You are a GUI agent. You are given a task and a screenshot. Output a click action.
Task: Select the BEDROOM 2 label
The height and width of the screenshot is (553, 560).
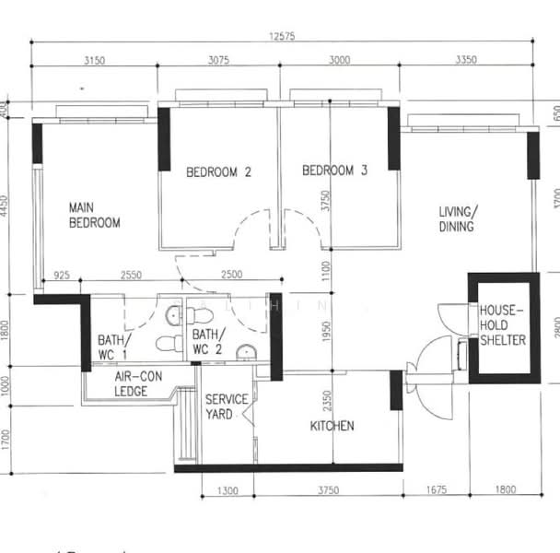[x=219, y=171]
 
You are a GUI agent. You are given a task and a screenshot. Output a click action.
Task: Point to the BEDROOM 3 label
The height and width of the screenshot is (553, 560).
[x=335, y=171]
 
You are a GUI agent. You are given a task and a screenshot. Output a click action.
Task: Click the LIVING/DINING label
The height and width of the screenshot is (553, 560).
[x=456, y=219]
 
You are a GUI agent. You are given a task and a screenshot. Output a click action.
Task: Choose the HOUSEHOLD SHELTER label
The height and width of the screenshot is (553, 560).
[x=503, y=326]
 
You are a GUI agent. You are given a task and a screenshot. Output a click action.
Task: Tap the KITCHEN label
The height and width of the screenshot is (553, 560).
[x=332, y=426]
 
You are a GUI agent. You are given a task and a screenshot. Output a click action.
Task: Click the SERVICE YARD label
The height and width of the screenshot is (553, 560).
[x=226, y=406]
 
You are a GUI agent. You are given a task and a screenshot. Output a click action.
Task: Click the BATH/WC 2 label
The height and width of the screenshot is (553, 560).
[x=208, y=342]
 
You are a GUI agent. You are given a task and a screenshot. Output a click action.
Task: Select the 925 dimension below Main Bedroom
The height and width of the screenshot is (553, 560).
[x=63, y=276]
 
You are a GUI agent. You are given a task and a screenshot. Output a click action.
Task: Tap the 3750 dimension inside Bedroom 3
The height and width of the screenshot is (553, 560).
[x=325, y=202]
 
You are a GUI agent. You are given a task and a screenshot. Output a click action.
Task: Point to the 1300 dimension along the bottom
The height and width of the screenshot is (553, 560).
[x=225, y=490]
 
